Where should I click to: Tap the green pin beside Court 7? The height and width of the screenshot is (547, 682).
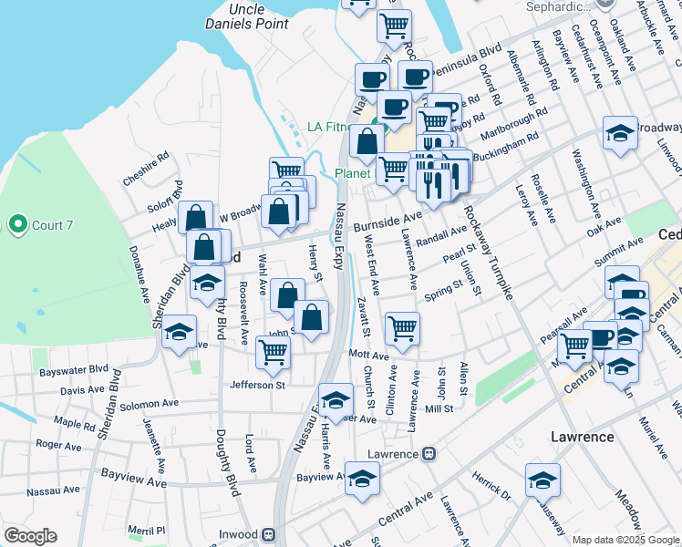coord(16,223)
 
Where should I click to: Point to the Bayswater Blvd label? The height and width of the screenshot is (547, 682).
coord(79,373)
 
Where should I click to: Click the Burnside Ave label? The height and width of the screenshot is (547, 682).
coord(388,221)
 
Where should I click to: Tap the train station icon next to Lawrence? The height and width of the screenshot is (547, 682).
coord(428,453)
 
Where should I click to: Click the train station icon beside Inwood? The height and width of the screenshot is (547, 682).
coord(268,534)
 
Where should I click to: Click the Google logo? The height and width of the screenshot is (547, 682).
coord(30,536)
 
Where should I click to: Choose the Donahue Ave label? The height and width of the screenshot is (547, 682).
coord(138,273)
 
